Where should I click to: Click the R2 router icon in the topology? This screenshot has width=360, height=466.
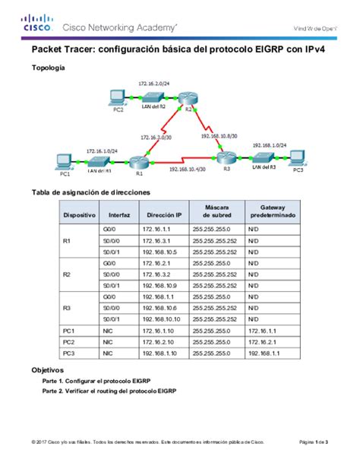tap(188, 98)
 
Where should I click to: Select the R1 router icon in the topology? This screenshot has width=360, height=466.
tap(137, 160)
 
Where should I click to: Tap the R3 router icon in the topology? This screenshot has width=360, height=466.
tap(223, 158)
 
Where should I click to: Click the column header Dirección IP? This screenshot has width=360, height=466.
tap(163, 214)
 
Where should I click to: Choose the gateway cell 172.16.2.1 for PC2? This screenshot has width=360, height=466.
tap(263, 342)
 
